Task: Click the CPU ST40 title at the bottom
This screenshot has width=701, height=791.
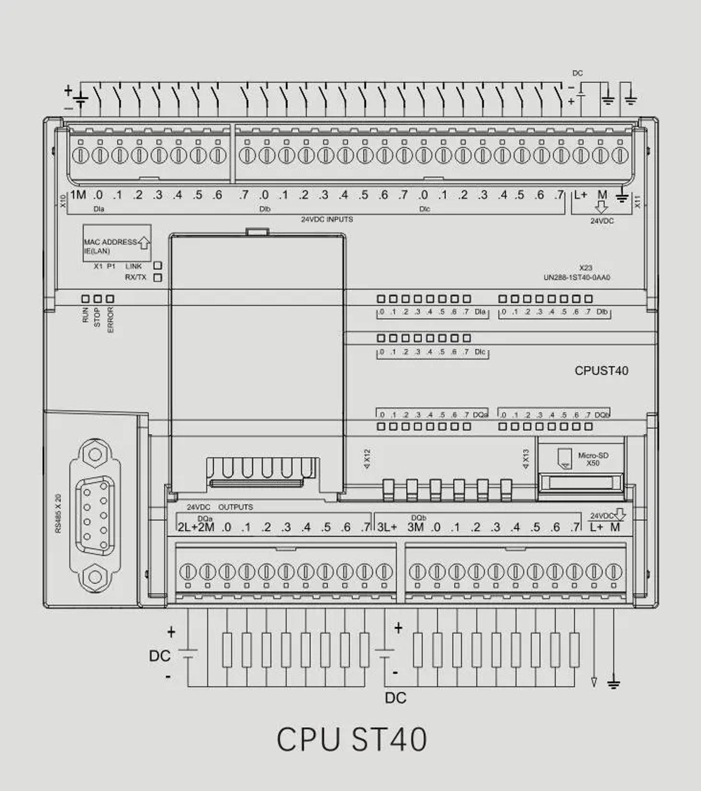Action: tap(351, 740)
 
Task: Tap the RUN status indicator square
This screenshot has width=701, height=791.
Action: tap(85, 299)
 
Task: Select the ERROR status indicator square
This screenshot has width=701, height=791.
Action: tap(110, 299)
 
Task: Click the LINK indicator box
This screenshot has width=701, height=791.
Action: tap(158, 266)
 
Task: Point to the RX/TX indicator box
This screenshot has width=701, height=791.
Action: tap(158, 278)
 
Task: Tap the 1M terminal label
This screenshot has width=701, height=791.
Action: tap(78, 195)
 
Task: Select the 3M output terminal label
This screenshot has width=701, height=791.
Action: tap(416, 527)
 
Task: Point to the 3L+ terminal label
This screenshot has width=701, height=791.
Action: tap(387, 527)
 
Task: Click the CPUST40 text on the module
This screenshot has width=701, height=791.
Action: tap(601, 371)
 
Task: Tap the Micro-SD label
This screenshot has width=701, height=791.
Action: tap(593, 456)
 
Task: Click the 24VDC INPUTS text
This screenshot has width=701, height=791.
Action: tap(327, 219)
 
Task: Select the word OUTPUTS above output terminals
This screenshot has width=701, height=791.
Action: tap(236, 507)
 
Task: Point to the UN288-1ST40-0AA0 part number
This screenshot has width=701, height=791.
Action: tap(577, 277)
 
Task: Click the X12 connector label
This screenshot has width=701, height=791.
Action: tap(367, 458)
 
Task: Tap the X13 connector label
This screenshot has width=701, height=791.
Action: tap(526, 458)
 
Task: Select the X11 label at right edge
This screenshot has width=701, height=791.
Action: tap(637, 201)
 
